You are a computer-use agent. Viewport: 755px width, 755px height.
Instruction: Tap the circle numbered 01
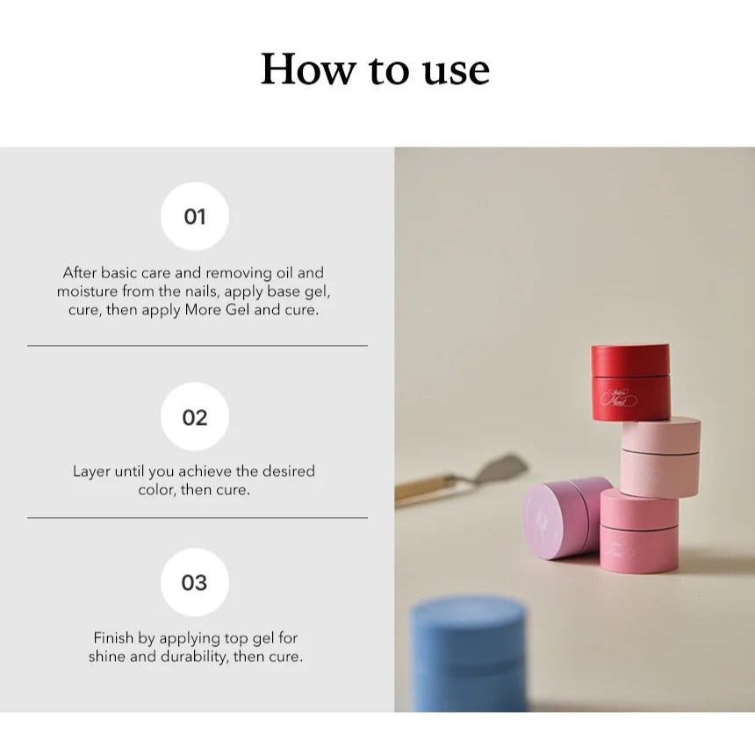[195, 216]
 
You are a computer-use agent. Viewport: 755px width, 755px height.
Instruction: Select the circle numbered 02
[195, 417]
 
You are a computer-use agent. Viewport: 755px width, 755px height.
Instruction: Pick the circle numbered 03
[195, 582]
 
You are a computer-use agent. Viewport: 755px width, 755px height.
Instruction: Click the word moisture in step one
[87, 291]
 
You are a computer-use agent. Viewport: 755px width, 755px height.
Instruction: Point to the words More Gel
[217, 310]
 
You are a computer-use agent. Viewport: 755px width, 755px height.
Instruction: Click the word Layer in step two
[91, 471]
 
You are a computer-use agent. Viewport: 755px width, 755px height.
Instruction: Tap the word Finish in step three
[113, 638]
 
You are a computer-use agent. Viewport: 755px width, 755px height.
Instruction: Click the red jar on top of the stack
[630, 382]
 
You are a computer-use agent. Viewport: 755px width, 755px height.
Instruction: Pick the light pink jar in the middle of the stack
[659, 457]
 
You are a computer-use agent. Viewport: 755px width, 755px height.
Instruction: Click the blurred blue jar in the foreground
[469, 654]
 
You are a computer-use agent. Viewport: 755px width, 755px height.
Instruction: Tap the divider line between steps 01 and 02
[198, 346]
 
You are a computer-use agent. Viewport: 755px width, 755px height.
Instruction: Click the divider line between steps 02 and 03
[198, 518]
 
